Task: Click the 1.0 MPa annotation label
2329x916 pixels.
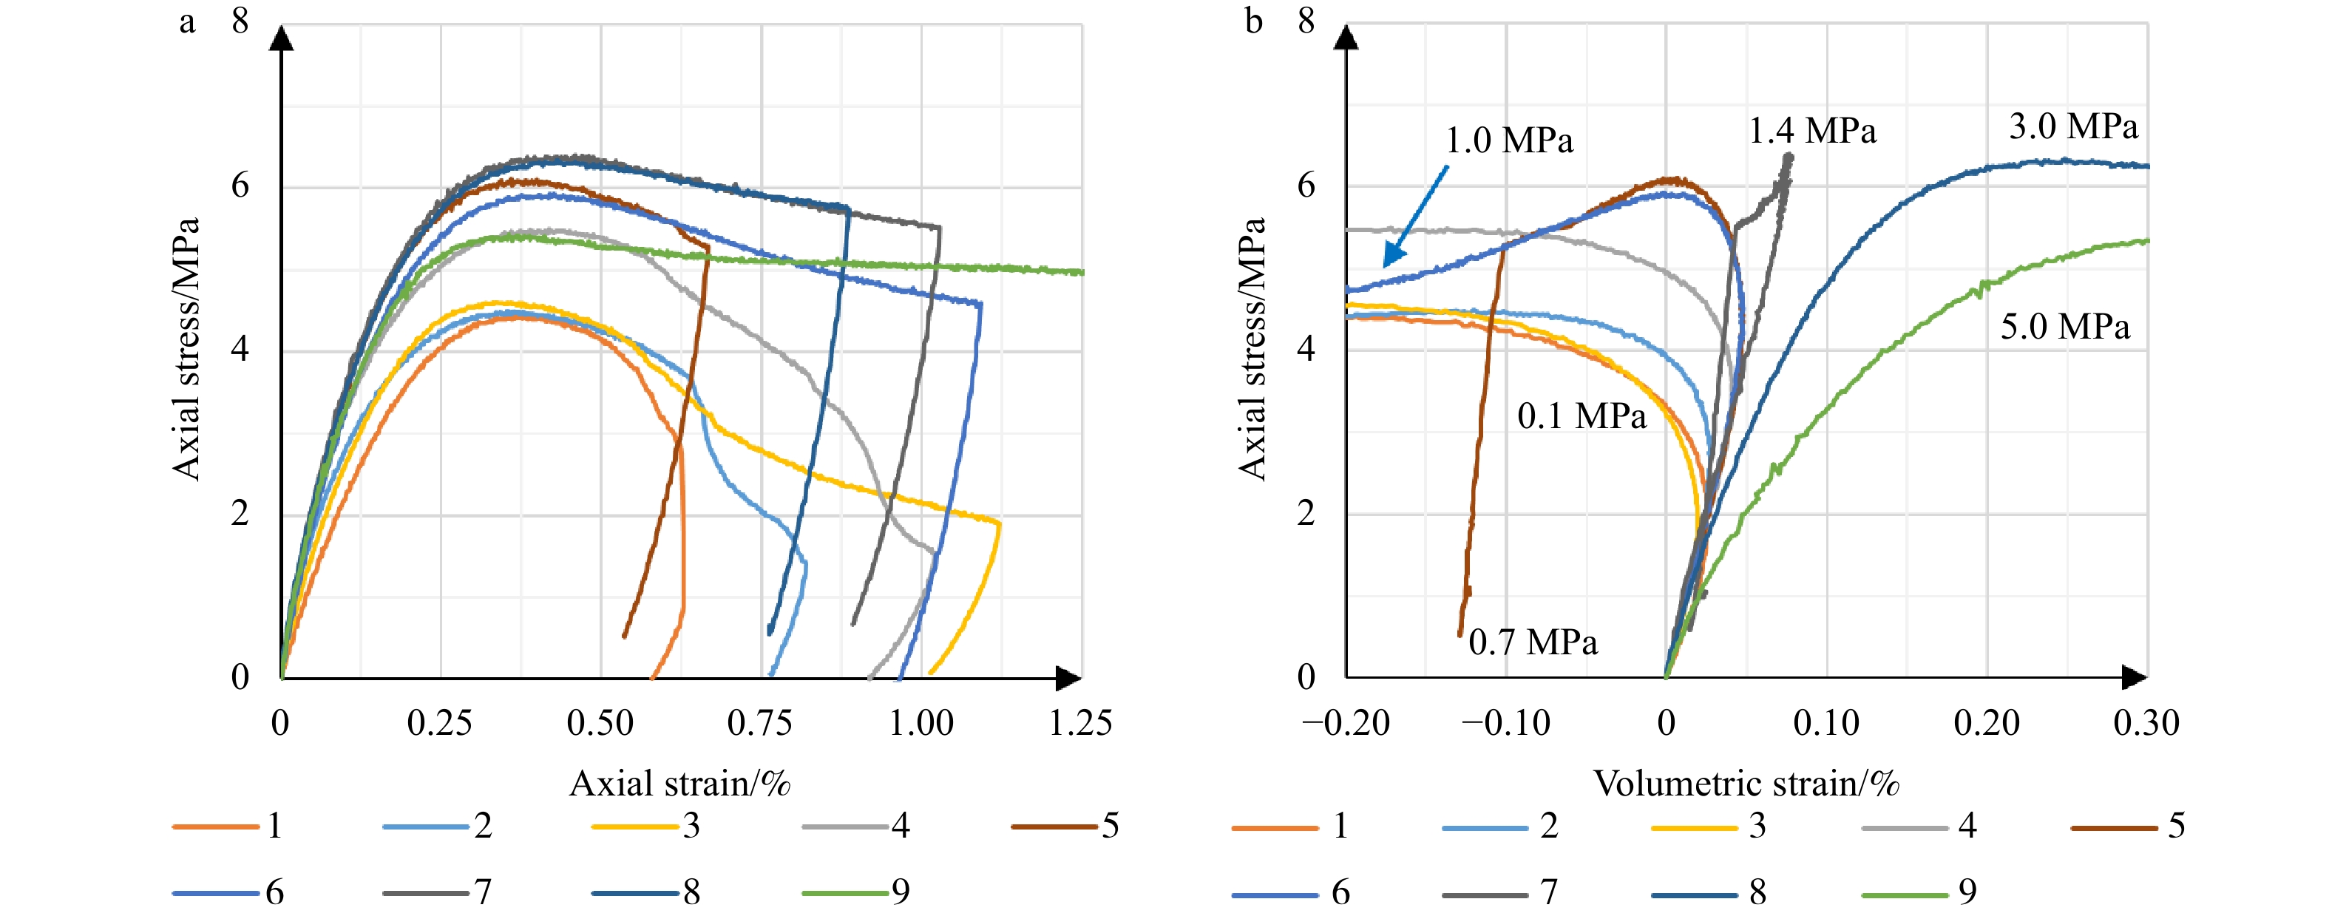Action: [1509, 140]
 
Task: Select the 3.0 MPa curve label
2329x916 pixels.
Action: [2073, 126]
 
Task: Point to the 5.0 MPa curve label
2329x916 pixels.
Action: [2064, 327]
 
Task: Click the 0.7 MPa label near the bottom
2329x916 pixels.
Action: [1533, 642]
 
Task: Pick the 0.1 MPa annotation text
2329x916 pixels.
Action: [1582, 416]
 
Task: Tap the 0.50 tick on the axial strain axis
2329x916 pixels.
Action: [600, 722]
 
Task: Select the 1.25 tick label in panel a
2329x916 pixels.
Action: [1080, 722]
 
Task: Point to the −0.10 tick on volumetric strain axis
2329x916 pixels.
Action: [1505, 722]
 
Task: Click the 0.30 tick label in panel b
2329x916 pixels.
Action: [2146, 722]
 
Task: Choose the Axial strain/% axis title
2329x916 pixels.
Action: [680, 783]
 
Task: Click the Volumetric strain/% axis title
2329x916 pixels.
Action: [1746, 783]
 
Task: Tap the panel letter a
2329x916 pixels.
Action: [187, 21]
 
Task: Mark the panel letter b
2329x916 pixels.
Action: [1253, 21]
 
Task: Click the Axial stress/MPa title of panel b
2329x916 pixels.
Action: [1252, 348]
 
